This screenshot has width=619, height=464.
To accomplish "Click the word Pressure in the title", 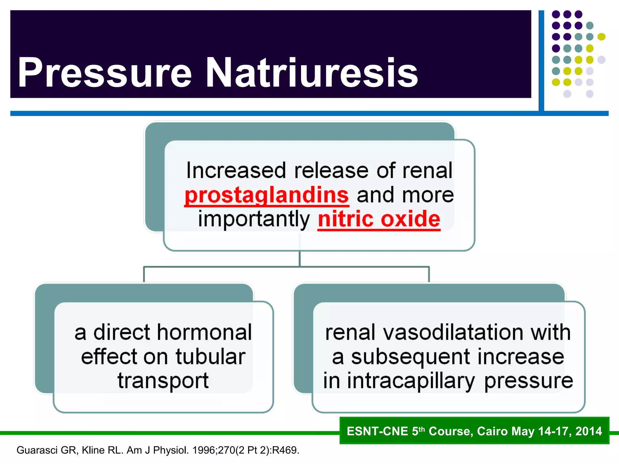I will point(104,73).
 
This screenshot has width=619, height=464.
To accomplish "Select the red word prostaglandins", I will point(267,195).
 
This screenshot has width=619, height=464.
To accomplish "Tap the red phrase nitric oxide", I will point(379,219).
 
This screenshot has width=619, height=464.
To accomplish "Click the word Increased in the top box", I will point(236,171).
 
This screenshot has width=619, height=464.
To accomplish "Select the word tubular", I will point(211,357).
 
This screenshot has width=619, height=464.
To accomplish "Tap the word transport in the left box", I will point(163,381).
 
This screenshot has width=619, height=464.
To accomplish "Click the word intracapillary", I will point(411,381).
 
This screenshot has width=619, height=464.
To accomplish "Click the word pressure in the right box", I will point(529,381).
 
